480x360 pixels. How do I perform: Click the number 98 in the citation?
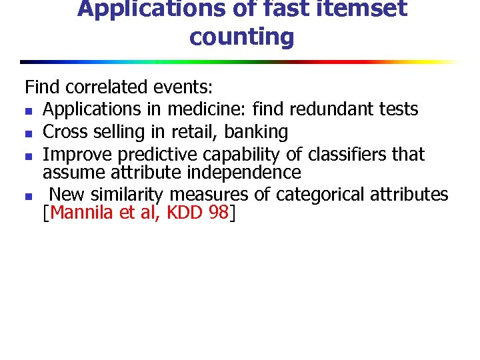click(x=218, y=213)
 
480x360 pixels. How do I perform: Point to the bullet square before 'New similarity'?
click(x=27, y=196)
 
